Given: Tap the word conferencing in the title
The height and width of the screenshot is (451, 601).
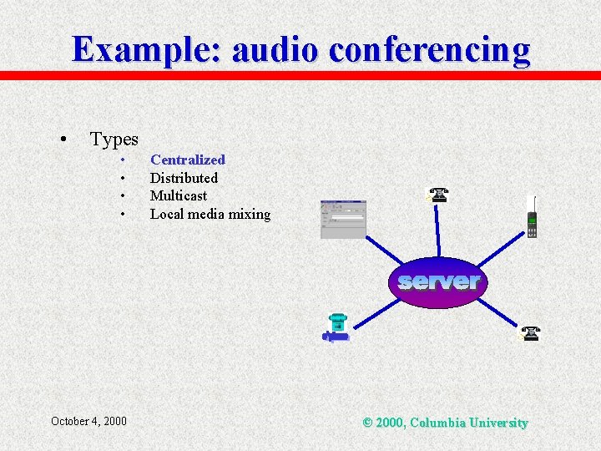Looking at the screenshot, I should pos(429,49).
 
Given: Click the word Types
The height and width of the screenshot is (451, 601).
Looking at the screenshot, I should pos(114,139).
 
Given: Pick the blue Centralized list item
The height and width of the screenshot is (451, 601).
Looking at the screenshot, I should pos(187,160).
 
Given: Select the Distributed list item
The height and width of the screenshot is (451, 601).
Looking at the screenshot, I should pos(184,178).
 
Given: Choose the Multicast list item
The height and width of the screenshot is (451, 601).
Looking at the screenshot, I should pos(178,195).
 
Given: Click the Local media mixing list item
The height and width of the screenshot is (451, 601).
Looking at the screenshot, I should pos(210,214).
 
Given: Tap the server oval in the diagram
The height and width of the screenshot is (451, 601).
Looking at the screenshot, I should pos(438,282).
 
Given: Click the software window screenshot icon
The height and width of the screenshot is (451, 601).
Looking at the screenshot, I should pos(343,219).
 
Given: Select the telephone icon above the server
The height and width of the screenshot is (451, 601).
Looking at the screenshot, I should pos(438,195).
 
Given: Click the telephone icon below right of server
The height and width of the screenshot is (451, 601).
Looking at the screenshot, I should pos(529,334).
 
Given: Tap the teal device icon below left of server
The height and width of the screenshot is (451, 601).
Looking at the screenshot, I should pos(336,327).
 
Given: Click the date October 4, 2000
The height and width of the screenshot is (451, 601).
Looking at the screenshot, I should pos(88,421).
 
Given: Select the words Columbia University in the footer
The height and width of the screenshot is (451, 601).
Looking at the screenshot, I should pos(468,423).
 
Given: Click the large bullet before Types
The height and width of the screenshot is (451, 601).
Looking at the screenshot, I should pos(63,139).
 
